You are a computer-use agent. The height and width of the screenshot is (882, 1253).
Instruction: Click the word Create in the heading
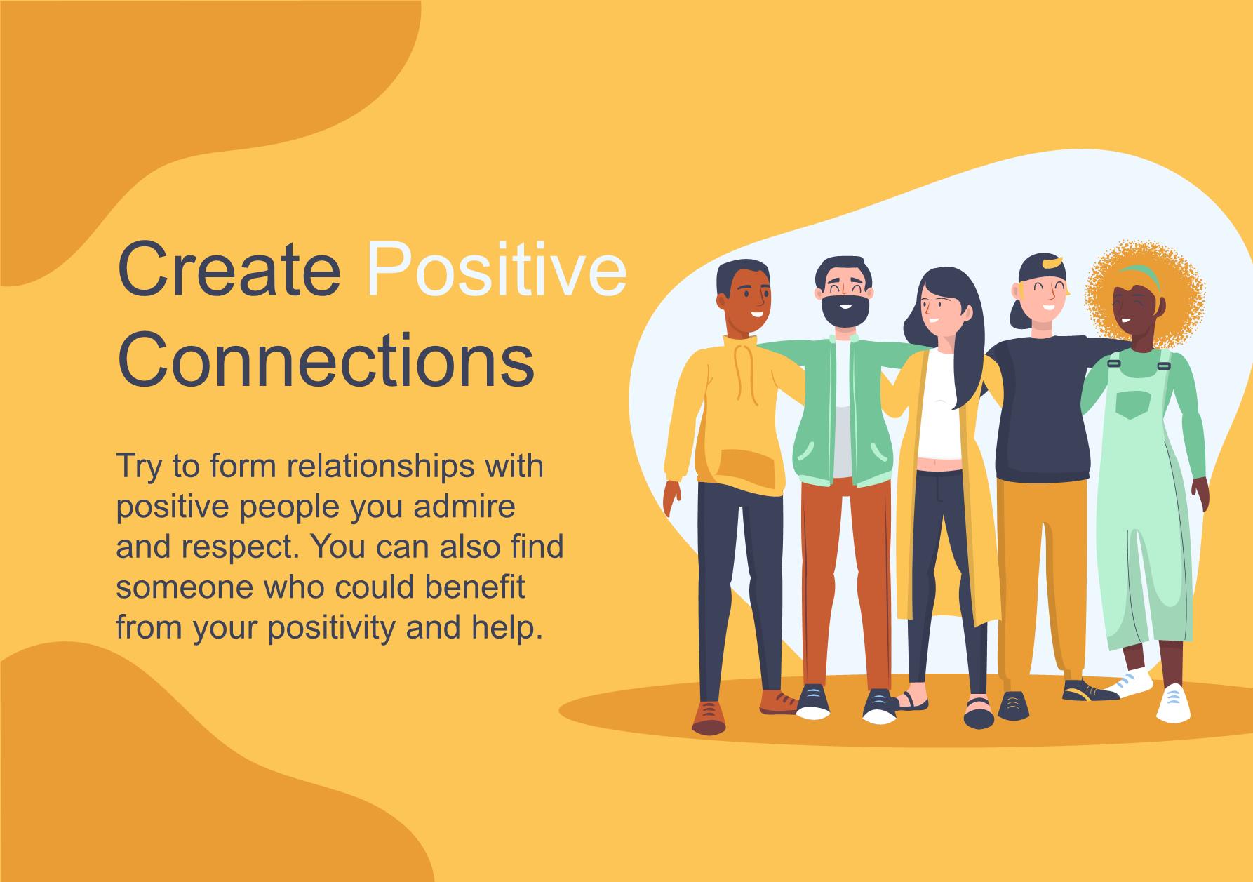click(x=229, y=269)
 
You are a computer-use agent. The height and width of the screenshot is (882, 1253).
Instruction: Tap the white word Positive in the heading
click(x=497, y=269)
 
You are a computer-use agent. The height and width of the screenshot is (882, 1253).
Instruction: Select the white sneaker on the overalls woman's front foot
click(x=1173, y=703)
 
